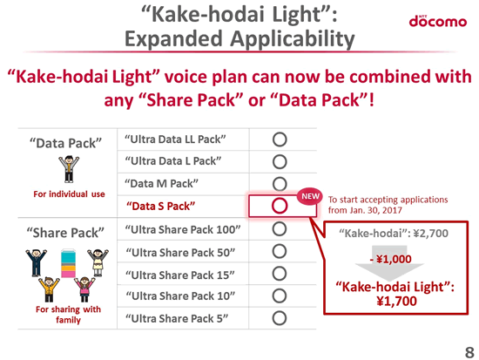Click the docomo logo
pos(438,21)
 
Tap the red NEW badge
pos(310,196)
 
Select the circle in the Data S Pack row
pos(280,206)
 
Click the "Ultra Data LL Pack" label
pos(175,139)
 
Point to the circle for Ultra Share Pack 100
pos(280,228)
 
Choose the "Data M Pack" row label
pos(161,184)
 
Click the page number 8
pos(469,352)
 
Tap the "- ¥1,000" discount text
pos(390,260)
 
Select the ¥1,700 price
pos(396,302)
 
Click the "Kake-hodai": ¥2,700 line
pos(394,234)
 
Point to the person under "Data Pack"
pos(69,169)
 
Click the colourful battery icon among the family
pos(68,263)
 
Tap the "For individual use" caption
pos(69,194)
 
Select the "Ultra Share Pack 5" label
pos(177,318)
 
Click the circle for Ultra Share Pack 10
pos(280,295)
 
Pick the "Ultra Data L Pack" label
pos(173,161)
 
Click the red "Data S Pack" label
pos(161,207)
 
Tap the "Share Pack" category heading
pos(65,233)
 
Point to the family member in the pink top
pos(84,289)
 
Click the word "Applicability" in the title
pos(293,40)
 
